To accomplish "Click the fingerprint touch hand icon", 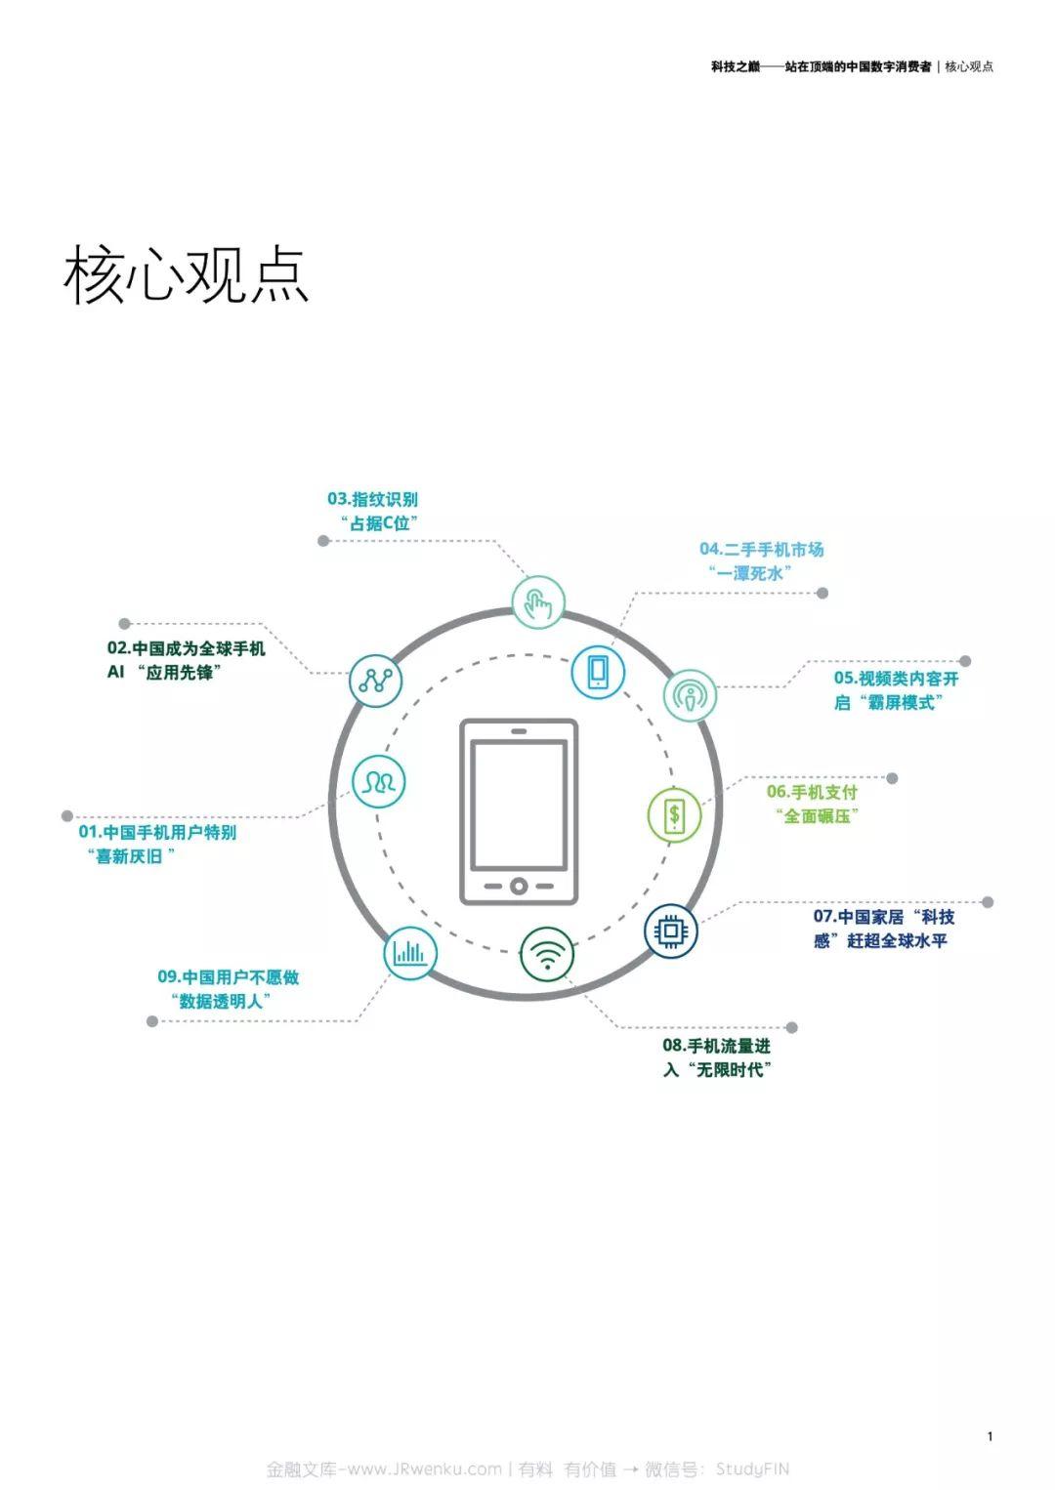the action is pyautogui.click(x=538, y=602).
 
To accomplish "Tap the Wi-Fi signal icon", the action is pyautogui.click(x=546, y=954).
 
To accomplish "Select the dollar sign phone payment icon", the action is pyautogui.click(x=674, y=815).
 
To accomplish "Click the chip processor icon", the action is pyautogui.click(x=671, y=931).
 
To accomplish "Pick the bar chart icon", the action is pyautogui.click(x=410, y=953).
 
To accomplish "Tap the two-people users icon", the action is pyautogui.click(x=378, y=781).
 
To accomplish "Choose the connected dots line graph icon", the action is pyautogui.click(x=375, y=681).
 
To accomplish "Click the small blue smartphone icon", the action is pyautogui.click(x=598, y=672).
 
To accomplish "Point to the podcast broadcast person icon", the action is pyautogui.click(x=690, y=696).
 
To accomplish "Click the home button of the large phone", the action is pyautogui.click(x=519, y=886).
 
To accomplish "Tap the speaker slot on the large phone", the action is pyautogui.click(x=519, y=731).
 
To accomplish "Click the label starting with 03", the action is pyautogui.click(x=373, y=511).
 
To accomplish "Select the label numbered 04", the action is pyautogui.click(x=762, y=560).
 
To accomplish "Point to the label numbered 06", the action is pyautogui.click(x=812, y=804).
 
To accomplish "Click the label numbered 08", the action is pyautogui.click(x=717, y=1057).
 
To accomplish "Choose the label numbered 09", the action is pyautogui.click(x=229, y=989).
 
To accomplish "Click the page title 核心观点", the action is pyautogui.click(x=186, y=274).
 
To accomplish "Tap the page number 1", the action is pyautogui.click(x=990, y=1436).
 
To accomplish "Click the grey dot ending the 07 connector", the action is pyautogui.click(x=988, y=902).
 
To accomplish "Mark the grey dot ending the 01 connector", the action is pyautogui.click(x=66, y=815).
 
